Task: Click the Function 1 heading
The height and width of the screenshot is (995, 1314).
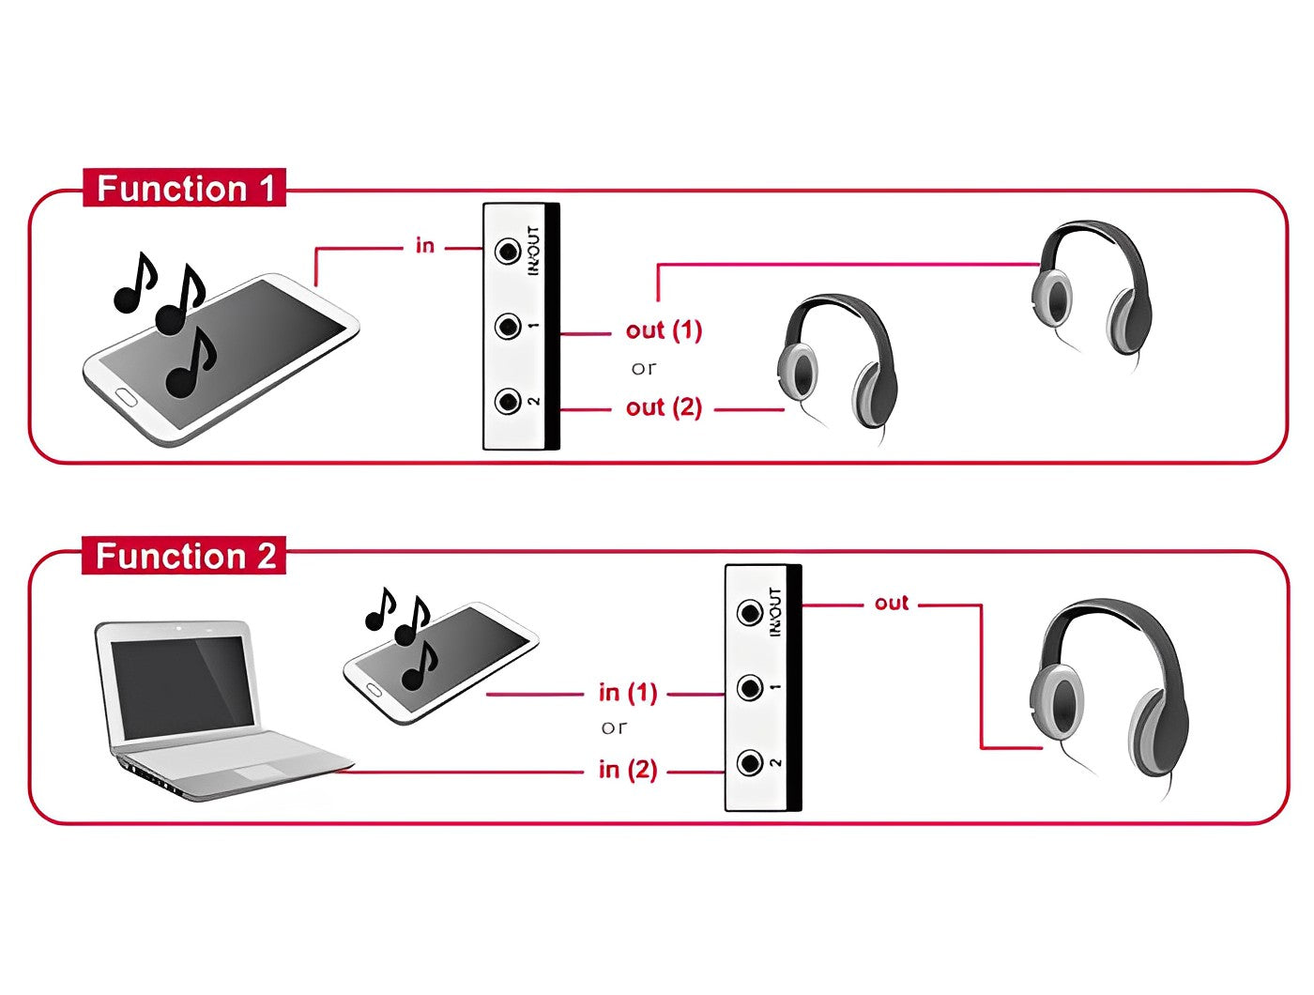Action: tap(185, 189)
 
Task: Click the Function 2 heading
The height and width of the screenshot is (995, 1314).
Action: tap(185, 556)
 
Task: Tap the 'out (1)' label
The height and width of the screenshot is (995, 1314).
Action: tap(664, 330)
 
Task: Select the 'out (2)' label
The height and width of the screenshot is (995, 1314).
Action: tap(664, 407)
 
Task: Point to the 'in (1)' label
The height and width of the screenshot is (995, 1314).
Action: tap(627, 694)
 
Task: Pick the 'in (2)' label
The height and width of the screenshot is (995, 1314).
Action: tap(627, 771)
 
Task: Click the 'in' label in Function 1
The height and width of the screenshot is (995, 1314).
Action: tap(425, 246)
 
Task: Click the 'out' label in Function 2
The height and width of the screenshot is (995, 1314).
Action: tap(891, 603)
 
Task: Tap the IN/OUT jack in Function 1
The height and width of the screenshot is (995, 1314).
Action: tap(509, 251)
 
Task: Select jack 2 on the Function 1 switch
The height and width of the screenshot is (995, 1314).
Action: tap(509, 402)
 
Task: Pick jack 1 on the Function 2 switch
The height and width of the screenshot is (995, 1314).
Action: tap(749, 688)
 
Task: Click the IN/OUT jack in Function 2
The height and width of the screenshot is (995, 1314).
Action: tap(749, 613)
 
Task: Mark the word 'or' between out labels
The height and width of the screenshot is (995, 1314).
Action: tap(644, 369)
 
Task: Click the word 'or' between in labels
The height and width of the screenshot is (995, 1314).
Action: tap(614, 727)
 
